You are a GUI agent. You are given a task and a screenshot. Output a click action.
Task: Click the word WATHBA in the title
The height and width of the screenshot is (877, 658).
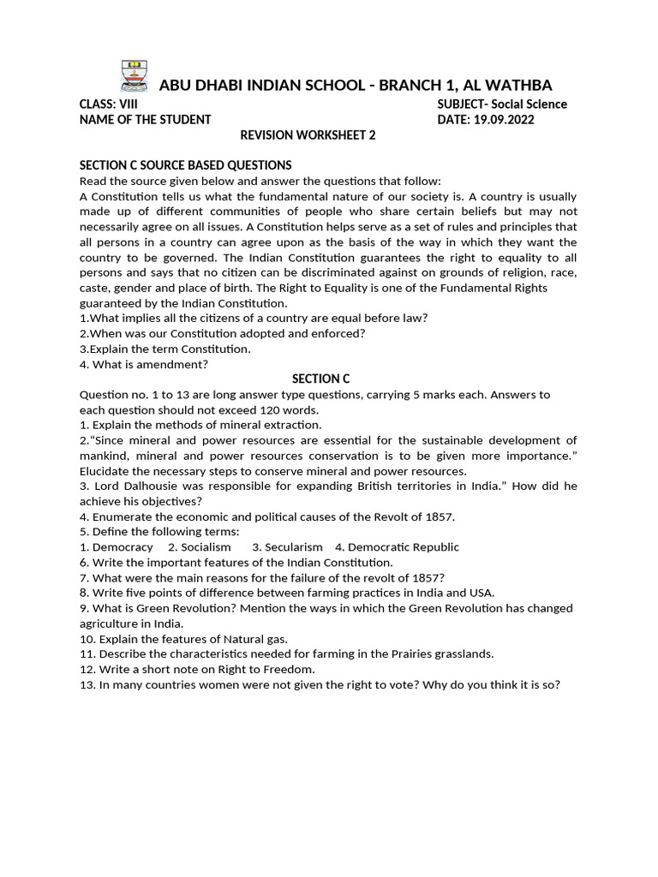[516, 85]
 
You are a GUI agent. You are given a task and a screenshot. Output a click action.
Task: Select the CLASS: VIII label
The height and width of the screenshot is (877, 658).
[109, 104]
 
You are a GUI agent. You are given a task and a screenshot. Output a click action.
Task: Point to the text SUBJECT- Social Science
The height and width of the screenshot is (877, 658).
[501, 104]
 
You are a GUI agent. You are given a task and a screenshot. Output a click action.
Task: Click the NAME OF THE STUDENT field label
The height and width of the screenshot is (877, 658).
[145, 120]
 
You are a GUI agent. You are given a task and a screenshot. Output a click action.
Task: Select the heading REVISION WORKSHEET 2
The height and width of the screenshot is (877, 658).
[307, 135]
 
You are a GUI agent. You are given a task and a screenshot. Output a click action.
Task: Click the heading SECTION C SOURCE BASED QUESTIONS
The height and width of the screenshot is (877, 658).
[185, 165]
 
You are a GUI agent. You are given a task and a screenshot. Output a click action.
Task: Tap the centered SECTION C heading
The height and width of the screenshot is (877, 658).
[320, 379]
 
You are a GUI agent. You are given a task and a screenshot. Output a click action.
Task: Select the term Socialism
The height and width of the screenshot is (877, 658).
[205, 547]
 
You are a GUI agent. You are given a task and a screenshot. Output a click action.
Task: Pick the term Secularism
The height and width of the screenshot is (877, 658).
[293, 547]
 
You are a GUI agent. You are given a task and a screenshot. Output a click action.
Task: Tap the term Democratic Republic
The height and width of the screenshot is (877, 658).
[403, 547]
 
